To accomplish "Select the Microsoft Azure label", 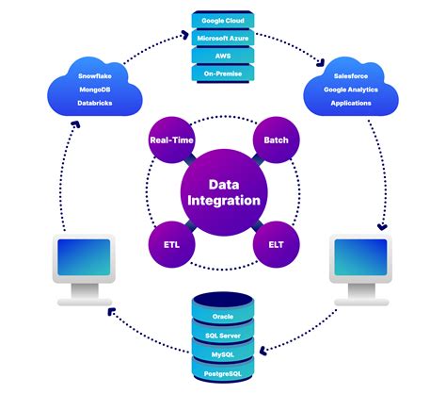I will (222, 37).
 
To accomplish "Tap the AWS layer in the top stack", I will (222, 55).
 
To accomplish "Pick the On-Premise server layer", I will (222, 73).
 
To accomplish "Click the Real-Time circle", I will (171, 140).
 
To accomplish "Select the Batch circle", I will (276, 140).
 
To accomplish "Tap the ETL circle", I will (171, 244).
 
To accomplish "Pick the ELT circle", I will (276, 244).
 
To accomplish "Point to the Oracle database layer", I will (223, 316).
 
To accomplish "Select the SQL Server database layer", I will (223, 335).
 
